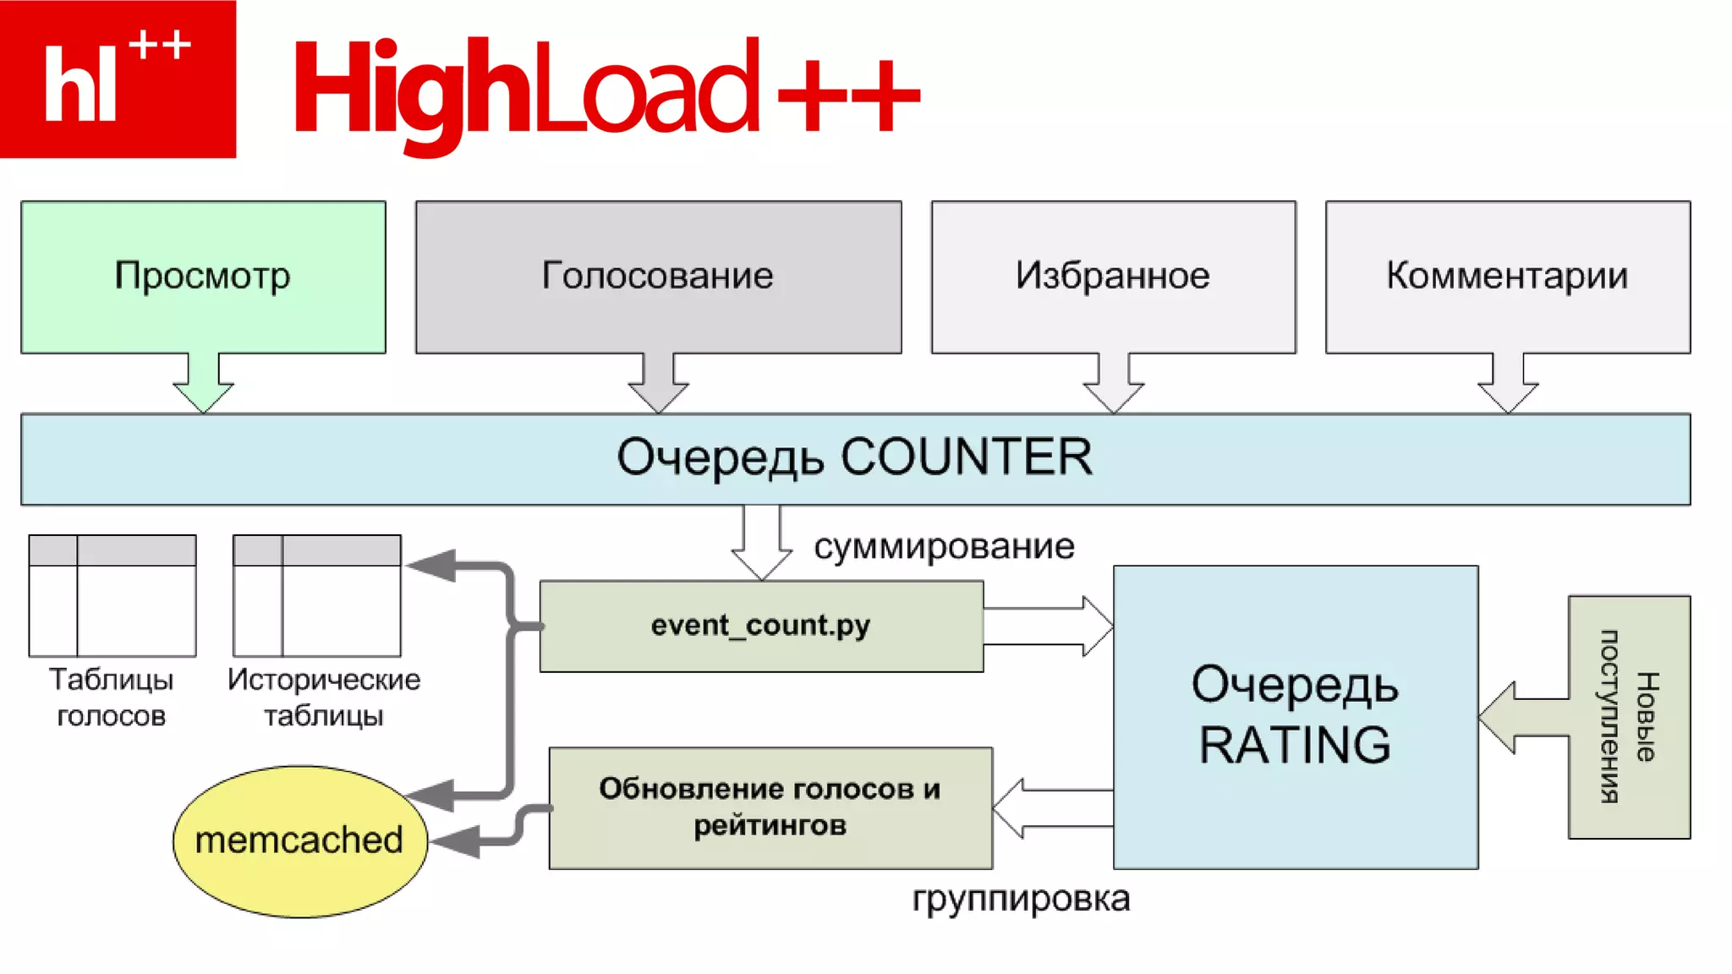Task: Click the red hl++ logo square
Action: point(118,79)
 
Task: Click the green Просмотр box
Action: point(203,276)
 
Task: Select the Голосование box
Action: point(658,276)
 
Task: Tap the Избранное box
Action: point(1113,276)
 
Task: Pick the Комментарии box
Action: point(1507,276)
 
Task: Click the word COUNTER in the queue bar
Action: point(966,457)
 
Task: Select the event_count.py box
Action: point(761,626)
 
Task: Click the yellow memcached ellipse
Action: point(299,840)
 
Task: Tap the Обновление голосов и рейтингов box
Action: point(770,807)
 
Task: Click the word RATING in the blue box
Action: point(1295,746)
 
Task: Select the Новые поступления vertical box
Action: point(1629,717)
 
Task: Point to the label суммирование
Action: point(944,547)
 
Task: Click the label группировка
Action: point(1021,899)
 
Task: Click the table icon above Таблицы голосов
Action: point(112,595)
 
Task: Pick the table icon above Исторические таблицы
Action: point(317,595)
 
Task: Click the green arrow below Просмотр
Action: point(203,385)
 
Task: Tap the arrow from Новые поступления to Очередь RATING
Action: point(1522,717)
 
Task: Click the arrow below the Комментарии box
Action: point(1508,385)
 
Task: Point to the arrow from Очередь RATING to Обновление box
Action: point(1053,807)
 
